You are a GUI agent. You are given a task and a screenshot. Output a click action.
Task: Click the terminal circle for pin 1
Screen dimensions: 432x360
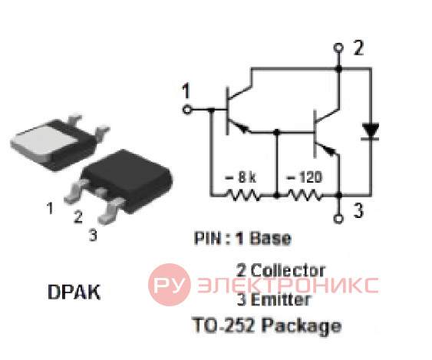(x=186, y=110)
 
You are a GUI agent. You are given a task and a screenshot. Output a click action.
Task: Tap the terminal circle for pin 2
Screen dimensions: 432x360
(x=338, y=48)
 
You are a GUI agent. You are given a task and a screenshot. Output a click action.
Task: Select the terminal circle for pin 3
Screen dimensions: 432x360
(x=338, y=219)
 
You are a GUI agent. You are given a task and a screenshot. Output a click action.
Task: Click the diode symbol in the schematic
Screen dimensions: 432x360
(x=370, y=131)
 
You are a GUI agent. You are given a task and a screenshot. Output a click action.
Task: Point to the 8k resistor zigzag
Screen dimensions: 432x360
(x=242, y=195)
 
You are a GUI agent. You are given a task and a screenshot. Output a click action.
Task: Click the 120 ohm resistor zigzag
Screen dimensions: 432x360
(x=305, y=195)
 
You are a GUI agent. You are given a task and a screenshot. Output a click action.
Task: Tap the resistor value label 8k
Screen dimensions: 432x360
(x=240, y=177)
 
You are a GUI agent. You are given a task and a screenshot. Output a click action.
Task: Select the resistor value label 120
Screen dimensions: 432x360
(x=304, y=177)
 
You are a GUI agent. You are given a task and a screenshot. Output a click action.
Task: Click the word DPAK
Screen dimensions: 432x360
(x=74, y=292)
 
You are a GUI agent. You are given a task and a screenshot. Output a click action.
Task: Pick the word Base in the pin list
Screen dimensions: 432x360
(x=270, y=238)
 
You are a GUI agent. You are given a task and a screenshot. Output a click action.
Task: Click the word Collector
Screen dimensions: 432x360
(x=288, y=270)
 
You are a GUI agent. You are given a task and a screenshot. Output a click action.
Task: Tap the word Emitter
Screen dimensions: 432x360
(x=281, y=299)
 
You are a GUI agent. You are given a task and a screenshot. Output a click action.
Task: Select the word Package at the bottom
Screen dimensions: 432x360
(x=302, y=325)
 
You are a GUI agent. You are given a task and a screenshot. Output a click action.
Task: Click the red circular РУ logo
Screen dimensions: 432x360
(x=169, y=285)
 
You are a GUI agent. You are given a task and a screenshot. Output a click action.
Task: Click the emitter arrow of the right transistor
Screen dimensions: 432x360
(x=330, y=150)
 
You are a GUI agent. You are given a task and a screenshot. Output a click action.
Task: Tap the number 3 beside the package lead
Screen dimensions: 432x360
(x=93, y=235)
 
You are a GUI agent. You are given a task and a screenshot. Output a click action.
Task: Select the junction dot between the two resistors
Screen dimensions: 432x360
(x=277, y=196)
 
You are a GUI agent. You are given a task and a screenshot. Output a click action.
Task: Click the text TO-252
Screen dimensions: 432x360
(x=223, y=325)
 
